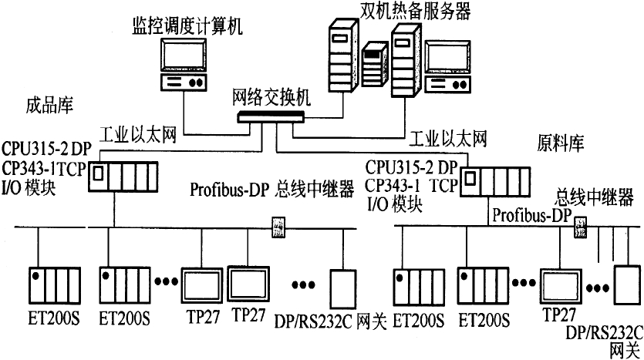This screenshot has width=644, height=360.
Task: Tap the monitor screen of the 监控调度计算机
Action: [x=184, y=56]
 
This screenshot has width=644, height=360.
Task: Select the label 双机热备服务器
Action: [x=415, y=11]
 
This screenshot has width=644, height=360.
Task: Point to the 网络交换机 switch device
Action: [x=271, y=117]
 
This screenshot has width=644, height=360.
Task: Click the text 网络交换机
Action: [x=271, y=98]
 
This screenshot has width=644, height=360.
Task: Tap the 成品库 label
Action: [x=49, y=105]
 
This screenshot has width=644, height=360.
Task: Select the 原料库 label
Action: [x=561, y=143]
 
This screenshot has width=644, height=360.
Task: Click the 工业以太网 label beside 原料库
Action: [x=448, y=139]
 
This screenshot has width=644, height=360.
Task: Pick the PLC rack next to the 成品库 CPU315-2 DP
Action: [x=123, y=177]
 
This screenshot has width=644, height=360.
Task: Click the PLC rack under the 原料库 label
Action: [x=495, y=182]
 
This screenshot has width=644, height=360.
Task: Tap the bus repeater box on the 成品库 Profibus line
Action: [x=278, y=227]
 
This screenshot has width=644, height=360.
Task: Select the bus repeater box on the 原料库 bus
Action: [x=580, y=227]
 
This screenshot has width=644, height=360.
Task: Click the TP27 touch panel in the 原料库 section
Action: [x=561, y=288]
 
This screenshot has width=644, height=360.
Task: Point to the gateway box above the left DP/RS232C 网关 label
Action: [x=343, y=289]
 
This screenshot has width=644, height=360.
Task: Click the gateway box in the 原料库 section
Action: [x=627, y=285]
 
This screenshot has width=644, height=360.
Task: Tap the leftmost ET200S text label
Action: [x=54, y=319]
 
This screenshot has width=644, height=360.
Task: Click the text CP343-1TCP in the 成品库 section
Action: [x=45, y=169]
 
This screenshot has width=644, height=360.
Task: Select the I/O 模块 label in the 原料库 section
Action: [x=395, y=204]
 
